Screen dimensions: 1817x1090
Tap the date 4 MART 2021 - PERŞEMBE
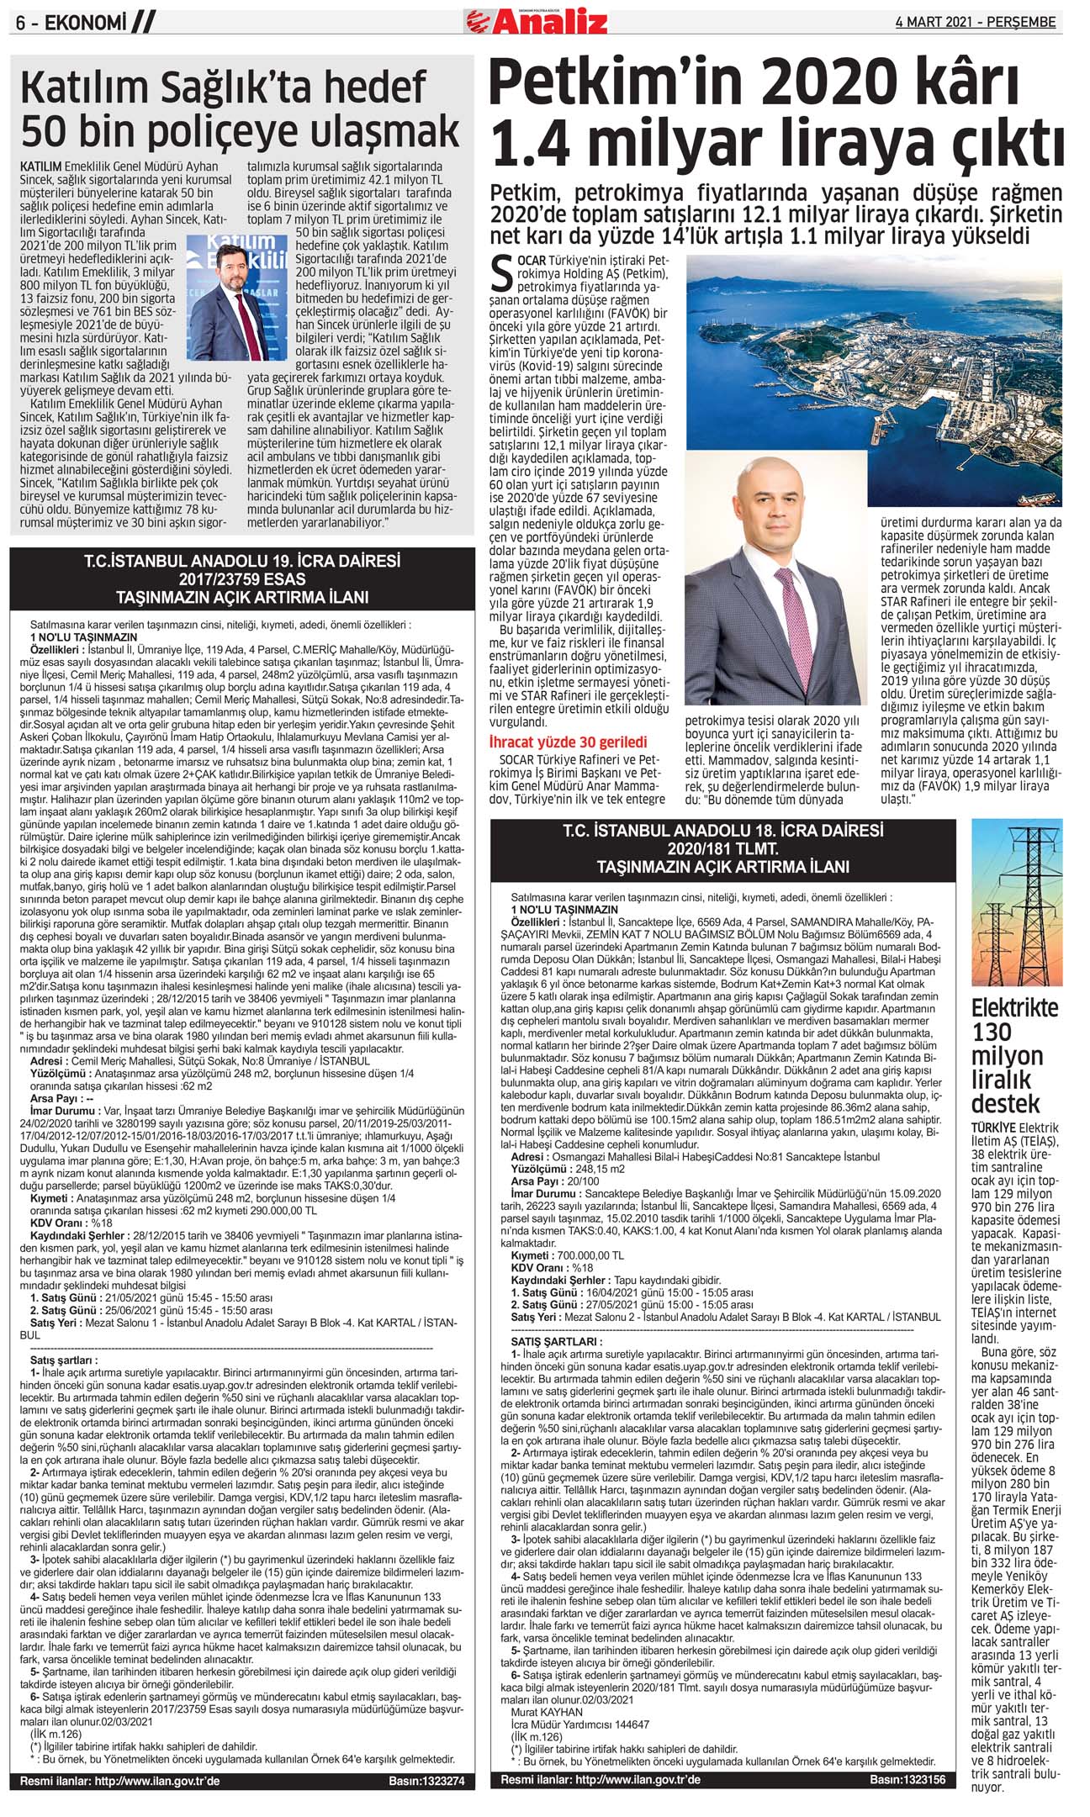[x=975, y=23]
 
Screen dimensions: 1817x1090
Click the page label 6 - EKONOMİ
[x=71, y=24]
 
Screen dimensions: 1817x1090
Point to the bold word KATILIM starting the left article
[x=41, y=167]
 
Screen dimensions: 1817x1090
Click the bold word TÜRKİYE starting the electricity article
[x=992, y=1128]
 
